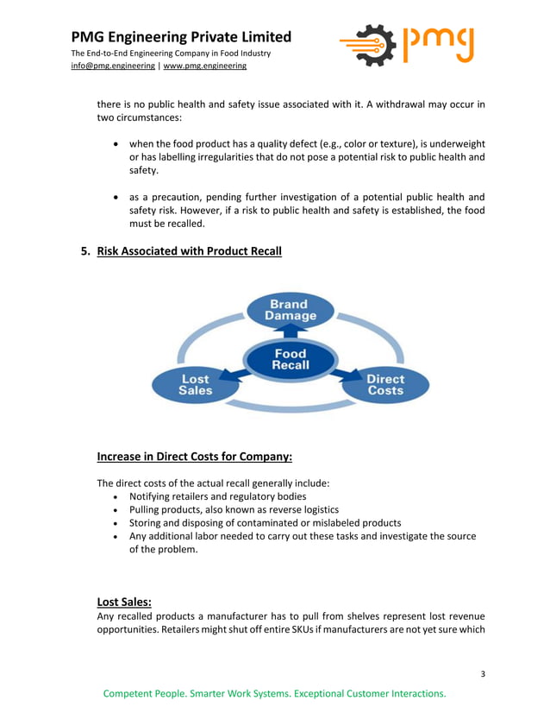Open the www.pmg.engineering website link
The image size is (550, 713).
205,66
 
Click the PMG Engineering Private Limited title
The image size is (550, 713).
181,37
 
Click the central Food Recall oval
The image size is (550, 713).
290,359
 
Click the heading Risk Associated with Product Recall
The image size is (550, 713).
189,252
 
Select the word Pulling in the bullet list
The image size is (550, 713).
147,510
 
